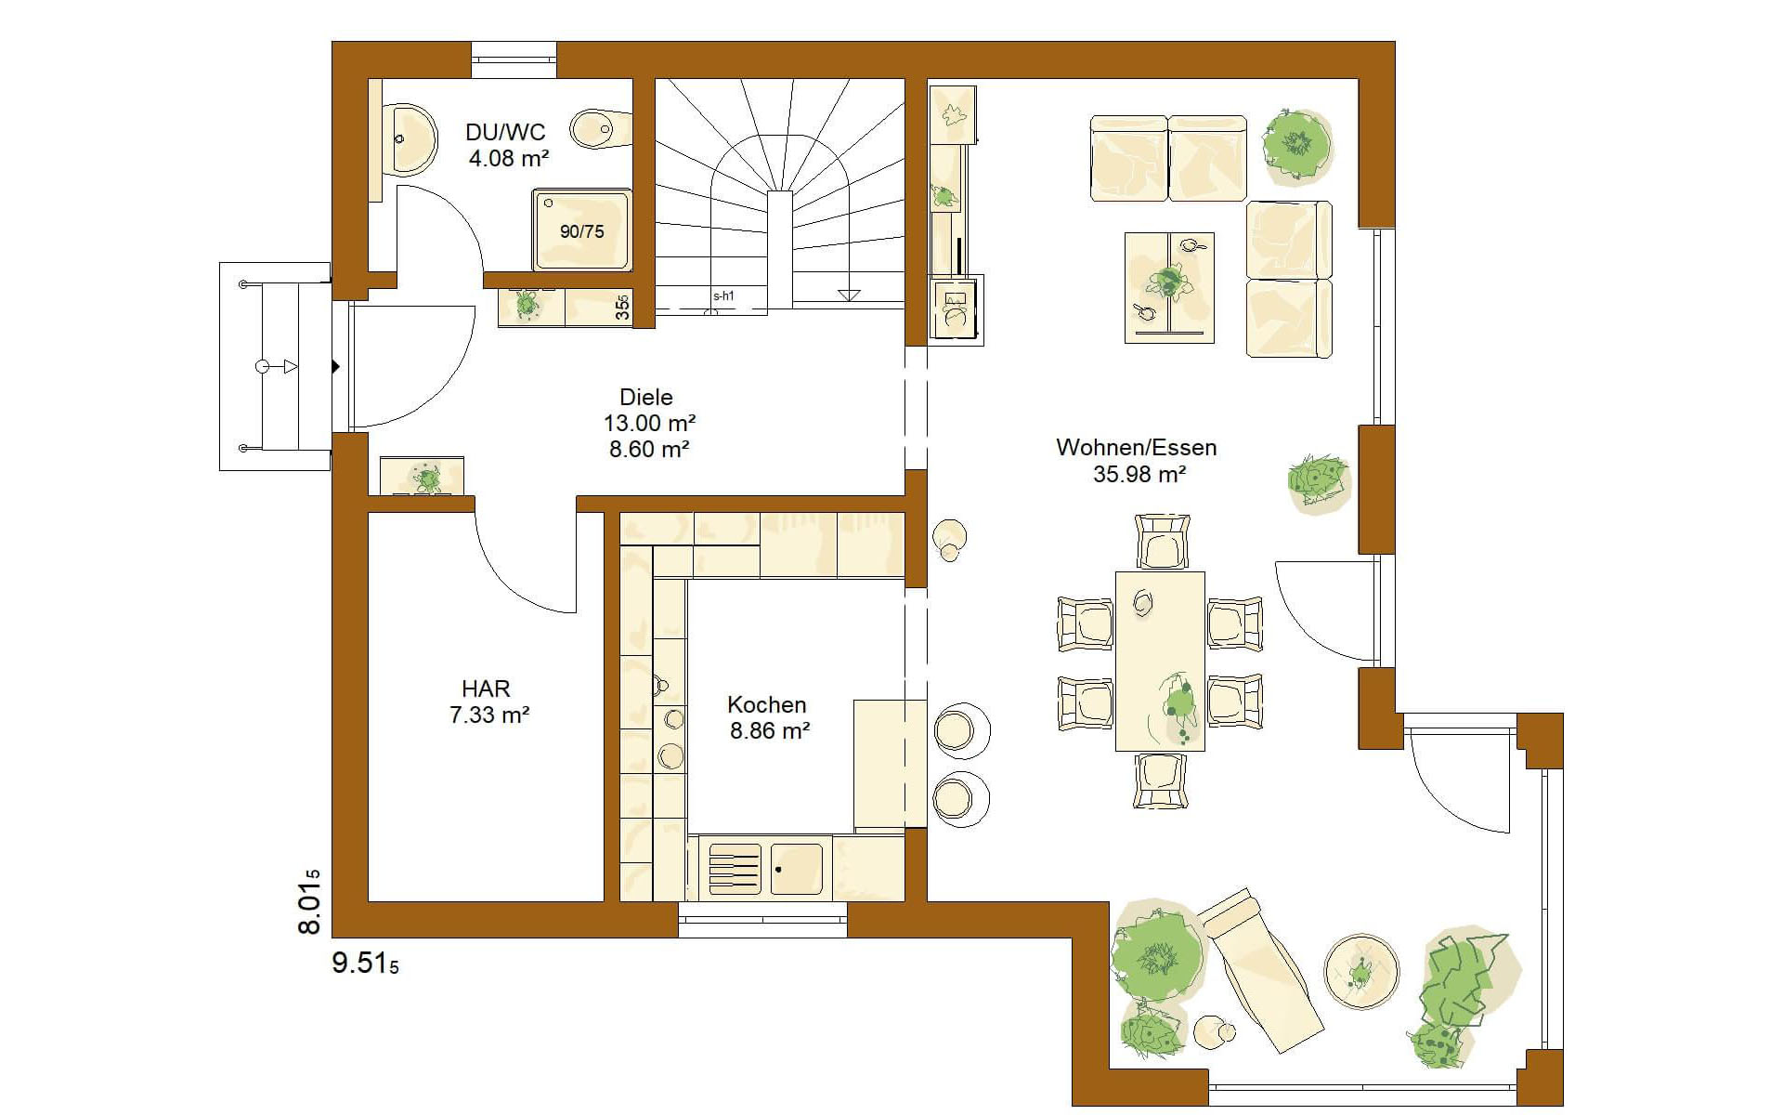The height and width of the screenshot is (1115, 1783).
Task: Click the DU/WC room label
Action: pos(505,132)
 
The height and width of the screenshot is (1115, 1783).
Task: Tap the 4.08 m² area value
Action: pos(508,159)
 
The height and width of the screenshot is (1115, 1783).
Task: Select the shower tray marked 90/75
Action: pos(581,230)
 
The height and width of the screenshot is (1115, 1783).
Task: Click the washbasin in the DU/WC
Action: pos(410,139)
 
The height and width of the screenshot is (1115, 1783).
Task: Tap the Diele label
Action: pos(646,398)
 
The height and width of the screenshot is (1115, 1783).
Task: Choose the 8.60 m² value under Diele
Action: pos(649,450)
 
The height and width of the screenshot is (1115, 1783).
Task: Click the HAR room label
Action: pos(486,689)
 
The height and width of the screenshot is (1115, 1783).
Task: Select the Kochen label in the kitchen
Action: pos(767,704)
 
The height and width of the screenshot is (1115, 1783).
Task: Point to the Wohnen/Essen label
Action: pos(1137,447)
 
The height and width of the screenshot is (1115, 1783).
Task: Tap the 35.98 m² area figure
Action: pos(1139,475)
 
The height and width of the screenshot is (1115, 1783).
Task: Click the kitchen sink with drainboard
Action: pos(766,869)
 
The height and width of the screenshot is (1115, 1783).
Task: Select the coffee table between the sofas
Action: pos(1169,287)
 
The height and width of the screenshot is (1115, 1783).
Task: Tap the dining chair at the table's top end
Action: pos(1161,541)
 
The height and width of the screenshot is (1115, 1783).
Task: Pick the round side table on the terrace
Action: pos(1360,972)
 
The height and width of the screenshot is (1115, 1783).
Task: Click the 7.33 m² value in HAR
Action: pos(489,715)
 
